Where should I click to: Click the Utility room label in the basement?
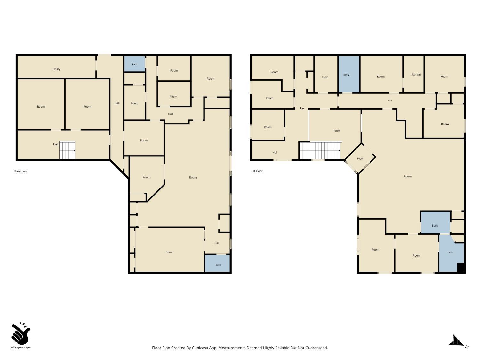[56, 69]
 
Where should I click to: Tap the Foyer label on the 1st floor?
[360, 159]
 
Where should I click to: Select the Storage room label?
[416, 74]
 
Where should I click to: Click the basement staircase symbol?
[67, 150]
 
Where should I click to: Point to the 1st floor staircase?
[320, 151]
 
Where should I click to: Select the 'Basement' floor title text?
[21, 171]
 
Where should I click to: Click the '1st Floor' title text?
[257, 171]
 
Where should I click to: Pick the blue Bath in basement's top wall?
[134, 64]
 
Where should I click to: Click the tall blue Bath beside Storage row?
[349, 74]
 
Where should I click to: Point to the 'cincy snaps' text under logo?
[21, 348]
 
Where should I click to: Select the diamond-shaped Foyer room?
[360, 158]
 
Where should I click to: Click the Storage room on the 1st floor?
[413, 74]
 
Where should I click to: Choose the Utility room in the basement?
[56, 67]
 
